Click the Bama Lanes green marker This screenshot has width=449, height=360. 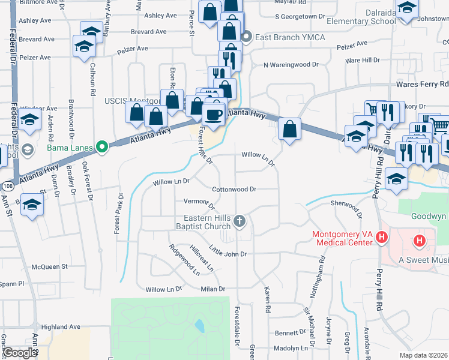102,146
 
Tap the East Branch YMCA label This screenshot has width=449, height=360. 290,37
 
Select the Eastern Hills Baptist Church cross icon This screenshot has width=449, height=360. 240,221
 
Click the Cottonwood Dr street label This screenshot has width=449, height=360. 234,189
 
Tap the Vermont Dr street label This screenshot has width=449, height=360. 195,201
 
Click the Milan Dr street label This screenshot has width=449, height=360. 212,289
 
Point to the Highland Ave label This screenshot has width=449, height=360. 61,327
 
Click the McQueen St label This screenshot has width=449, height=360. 50,266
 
